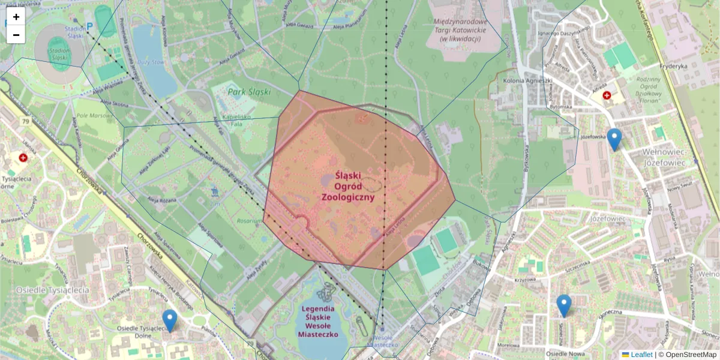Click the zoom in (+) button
pos(16,17)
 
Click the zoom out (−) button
pos(16,35)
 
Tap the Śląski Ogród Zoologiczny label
pos(348,186)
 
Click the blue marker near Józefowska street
pos(614,139)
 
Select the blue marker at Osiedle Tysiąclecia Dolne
pos(170,320)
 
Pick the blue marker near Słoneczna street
pos(563,305)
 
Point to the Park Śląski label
pos(250,92)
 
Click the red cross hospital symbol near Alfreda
pos(607,95)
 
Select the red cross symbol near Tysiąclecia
pos(23,158)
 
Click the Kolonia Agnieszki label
pos(527,80)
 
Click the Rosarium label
pos(249,221)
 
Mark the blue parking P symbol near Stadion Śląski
pos(90,26)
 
